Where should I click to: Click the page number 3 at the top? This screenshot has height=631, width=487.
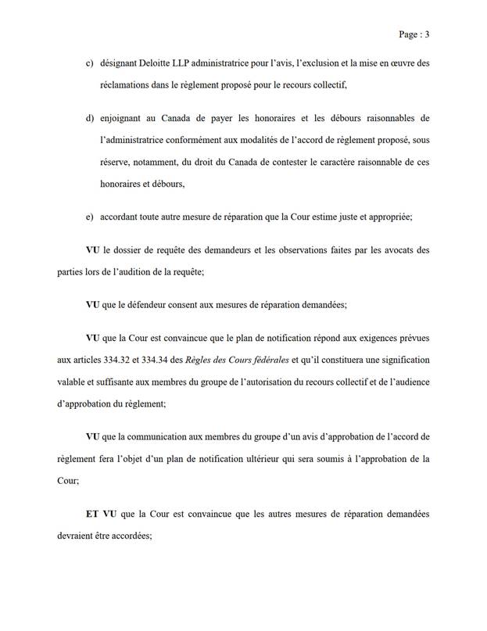(x=429, y=34)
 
